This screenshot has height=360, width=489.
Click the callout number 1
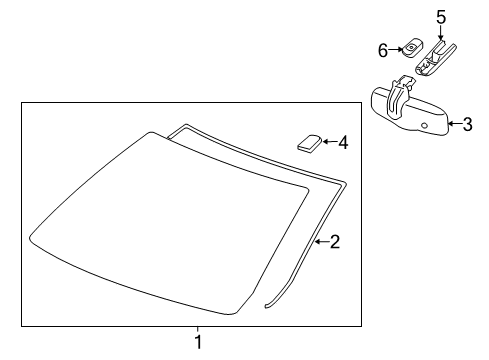(x=197, y=343)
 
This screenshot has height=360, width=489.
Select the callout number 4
(x=343, y=143)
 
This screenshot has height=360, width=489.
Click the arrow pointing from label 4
(x=328, y=143)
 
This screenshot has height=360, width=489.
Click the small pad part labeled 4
(x=309, y=142)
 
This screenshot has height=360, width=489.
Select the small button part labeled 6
(x=411, y=48)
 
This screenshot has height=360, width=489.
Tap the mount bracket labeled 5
(x=436, y=57)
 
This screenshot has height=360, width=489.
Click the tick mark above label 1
(x=197, y=330)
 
